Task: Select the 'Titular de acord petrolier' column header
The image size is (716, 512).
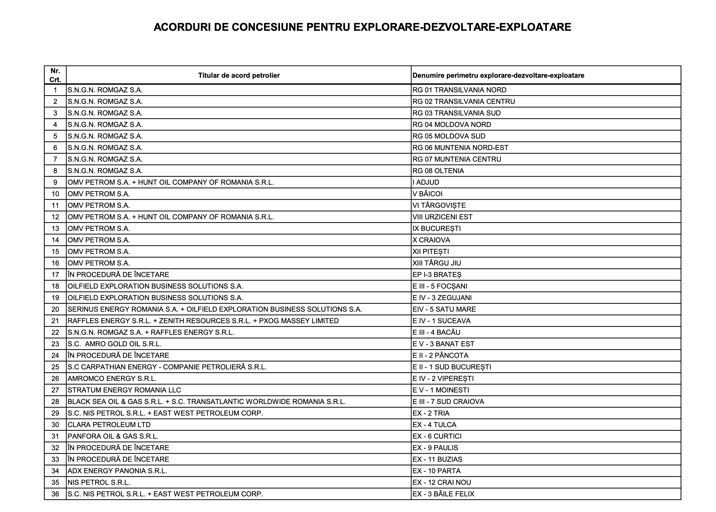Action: [x=239, y=75]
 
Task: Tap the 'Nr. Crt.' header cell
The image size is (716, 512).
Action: [x=55, y=75]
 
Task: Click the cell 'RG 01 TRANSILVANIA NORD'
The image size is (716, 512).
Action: [x=459, y=90]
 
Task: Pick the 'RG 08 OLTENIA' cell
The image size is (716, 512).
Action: [x=438, y=171]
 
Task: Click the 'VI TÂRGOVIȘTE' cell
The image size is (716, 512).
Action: [x=439, y=205]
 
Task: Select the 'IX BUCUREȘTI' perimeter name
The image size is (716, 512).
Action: [x=437, y=229]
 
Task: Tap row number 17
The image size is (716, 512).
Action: [x=55, y=275]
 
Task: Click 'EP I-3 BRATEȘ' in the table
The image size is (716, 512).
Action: [x=437, y=275]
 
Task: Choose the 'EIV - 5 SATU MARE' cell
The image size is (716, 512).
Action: [x=444, y=309]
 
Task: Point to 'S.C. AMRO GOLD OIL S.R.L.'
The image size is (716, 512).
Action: [x=114, y=344]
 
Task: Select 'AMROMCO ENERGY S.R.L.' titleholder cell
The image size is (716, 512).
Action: [x=112, y=379]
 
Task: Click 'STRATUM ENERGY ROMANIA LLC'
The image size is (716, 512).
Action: [x=124, y=390]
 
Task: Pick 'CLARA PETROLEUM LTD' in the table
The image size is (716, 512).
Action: [x=109, y=425]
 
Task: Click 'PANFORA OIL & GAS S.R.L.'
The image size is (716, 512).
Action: [x=113, y=436]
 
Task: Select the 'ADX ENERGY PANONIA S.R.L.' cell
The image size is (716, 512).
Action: [x=117, y=471]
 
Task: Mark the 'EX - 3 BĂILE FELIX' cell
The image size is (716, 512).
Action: [x=443, y=494]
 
